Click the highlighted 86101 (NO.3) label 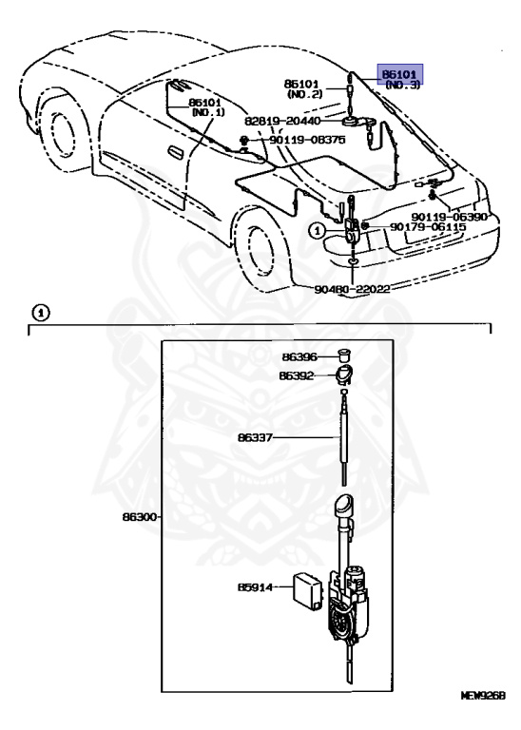tap(400, 78)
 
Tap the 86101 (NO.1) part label tap(208, 106)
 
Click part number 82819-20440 tap(282, 121)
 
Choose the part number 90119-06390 tap(449, 217)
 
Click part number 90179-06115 tap(428, 227)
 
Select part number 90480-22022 tap(352, 289)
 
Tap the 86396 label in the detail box tap(299, 356)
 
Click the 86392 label tap(297, 375)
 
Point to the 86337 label tap(255, 437)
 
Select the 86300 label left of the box tap(140, 516)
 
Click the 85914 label tap(255, 587)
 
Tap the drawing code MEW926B tap(483, 708)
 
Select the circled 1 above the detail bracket tap(41, 314)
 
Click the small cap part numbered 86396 tap(343, 355)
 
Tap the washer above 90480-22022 tap(353, 263)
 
